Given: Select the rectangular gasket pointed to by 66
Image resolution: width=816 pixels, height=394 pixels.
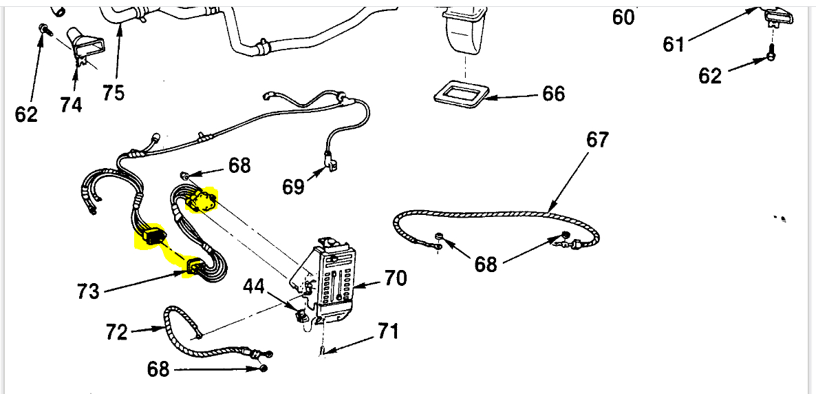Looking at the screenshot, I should (x=460, y=92).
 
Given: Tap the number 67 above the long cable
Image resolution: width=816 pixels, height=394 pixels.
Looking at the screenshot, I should (x=597, y=140).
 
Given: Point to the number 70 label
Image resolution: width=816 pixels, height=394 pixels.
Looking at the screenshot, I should (x=395, y=279).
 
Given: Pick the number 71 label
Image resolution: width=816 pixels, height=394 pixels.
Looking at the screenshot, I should (x=387, y=332).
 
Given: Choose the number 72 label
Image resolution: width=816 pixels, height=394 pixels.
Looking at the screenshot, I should (x=117, y=333).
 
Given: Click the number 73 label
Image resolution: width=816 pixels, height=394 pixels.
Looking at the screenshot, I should (x=89, y=291).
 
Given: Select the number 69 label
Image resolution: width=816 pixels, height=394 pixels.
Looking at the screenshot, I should (x=294, y=187).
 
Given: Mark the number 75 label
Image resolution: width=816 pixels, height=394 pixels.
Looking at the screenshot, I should (x=114, y=92).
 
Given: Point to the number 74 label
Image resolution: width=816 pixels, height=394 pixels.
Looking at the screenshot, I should (x=71, y=105).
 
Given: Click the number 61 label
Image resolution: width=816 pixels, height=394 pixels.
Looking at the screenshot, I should (x=674, y=45).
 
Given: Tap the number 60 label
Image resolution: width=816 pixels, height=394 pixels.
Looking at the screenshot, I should (x=623, y=17).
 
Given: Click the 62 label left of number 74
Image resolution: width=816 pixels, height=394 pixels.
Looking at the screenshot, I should (x=27, y=114).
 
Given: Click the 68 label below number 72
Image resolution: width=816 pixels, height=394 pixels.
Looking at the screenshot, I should (x=158, y=369).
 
